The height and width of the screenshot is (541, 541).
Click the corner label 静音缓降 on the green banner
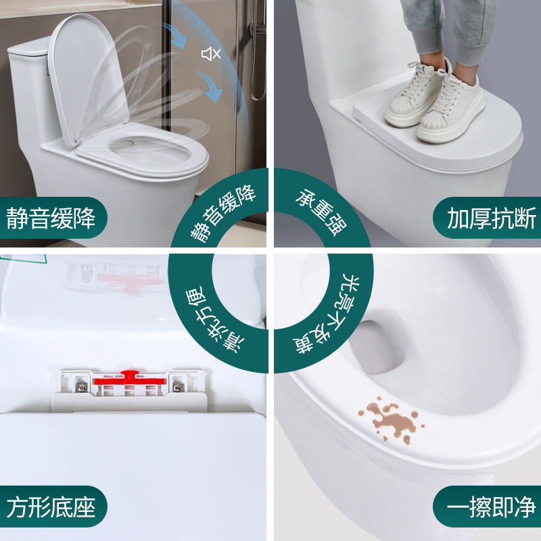[x=51, y=218]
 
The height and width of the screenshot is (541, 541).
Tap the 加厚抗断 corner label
[x=491, y=218]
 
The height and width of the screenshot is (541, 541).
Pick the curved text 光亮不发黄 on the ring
[x=329, y=318]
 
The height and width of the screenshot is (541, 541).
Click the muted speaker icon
[x=211, y=53]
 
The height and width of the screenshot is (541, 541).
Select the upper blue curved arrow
[x=177, y=34]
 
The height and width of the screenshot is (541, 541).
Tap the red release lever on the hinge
[x=129, y=381]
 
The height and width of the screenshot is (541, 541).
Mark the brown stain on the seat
[x=392, y=420]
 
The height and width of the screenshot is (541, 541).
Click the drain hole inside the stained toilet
[x=379, y=345]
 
